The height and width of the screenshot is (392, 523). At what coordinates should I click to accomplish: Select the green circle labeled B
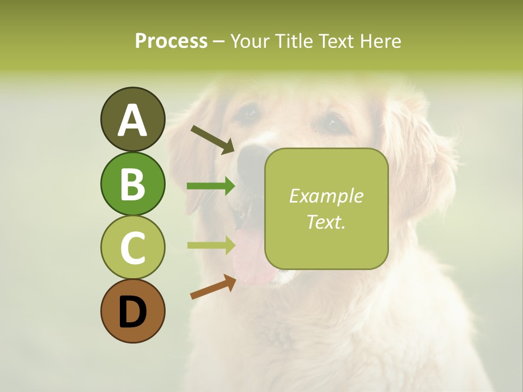click(x=132, y=183)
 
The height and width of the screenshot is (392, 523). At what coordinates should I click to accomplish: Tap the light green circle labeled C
click(x=132, y=247)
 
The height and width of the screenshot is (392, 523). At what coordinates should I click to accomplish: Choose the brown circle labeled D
click(x=132, y=311)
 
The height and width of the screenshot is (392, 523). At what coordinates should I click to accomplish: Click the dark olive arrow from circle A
click(x=212, y=139)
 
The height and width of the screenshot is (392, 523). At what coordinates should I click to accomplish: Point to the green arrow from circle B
click(x=211, y=186)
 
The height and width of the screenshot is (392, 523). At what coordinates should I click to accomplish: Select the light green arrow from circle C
click(x=211, y=245)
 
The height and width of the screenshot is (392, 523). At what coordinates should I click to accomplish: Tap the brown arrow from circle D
click(x=213, y=287)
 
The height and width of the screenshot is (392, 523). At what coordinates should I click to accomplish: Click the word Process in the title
click(x=171, y=41)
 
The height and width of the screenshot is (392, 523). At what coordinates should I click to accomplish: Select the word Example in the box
click(x=326, y=196)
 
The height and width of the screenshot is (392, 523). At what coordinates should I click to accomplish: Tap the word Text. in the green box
click(x=326, y=222)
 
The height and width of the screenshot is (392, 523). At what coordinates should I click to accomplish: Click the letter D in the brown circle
click(x=132, y=312)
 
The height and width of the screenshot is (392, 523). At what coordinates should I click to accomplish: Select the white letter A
click(x=132, y=120)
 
